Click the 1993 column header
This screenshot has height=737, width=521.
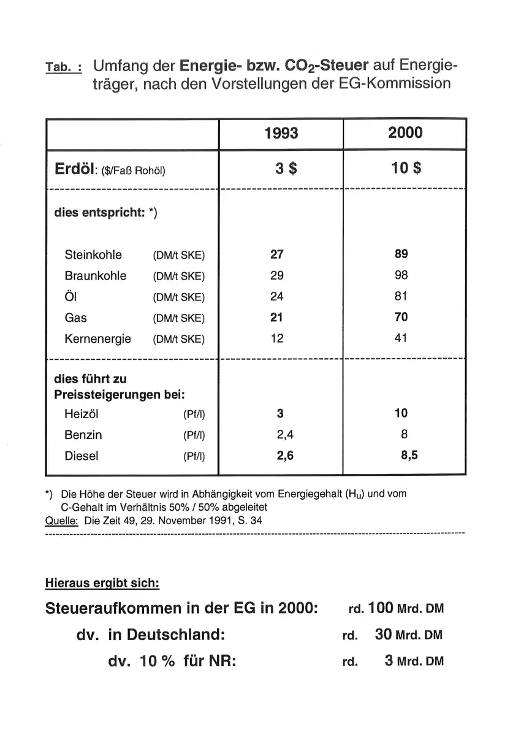[281, 133]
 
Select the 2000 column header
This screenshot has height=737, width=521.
[405, 133]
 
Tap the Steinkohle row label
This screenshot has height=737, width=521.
[93, 255]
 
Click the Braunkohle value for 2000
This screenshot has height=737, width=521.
[401, 275]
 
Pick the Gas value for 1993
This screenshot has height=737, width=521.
[277, 318]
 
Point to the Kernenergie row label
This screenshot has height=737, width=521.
[98, 338]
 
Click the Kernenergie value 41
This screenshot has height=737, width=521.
[401, 338]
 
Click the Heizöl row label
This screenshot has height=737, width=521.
[81, 414]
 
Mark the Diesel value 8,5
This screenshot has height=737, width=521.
[409, 456]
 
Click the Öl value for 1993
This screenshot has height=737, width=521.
[277, 297]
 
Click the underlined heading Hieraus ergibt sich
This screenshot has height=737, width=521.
[102, 584]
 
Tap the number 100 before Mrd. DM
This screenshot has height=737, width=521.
[381, 608]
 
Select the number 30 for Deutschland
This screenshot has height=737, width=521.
[383, 635]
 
